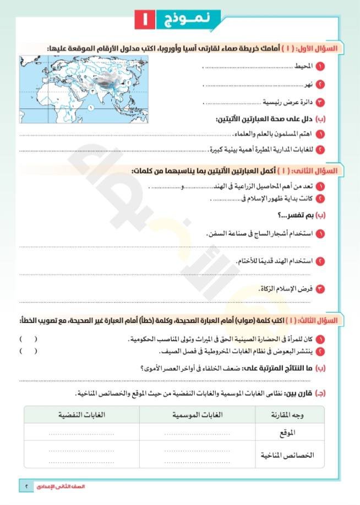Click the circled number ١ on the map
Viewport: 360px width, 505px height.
89,108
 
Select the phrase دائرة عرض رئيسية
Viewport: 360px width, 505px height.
287,103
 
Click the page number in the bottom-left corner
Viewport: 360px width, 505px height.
27,486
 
